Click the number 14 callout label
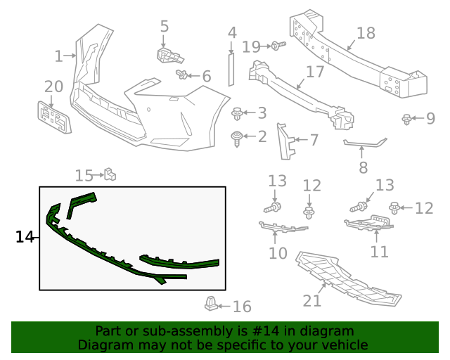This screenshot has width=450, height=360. click(x=25, y=237)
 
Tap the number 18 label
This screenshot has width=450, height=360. click(x=366, y=33)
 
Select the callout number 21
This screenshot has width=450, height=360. click(x=312, y=300)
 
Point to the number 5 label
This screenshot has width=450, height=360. click(x=165, y=27)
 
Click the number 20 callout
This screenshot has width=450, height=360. click(x=53, y=86)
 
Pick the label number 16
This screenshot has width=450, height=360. click(x=241, y=307)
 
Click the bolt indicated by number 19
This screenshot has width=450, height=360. click(x=277, y=46)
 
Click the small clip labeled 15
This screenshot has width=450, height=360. click(x=109, y=174)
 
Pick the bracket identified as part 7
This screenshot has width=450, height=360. click(x=287, y=141)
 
